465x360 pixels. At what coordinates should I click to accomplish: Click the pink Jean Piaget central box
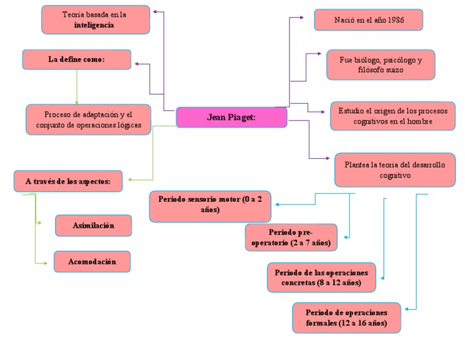click(x=231, y=117)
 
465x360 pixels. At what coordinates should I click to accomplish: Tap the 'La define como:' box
click(x=77, y=59)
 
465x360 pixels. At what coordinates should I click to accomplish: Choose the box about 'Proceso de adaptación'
click(x=88, y=119)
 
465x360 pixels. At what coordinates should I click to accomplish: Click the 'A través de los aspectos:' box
click(x=68, y=181)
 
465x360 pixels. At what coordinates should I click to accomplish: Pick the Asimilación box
click(x=93, y=225)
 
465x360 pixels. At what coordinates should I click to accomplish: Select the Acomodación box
click(x=92, y=261)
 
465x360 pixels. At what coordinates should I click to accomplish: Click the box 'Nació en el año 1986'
click(x=368, y=20)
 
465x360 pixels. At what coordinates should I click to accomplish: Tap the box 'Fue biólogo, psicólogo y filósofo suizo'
click(x=380, y=65)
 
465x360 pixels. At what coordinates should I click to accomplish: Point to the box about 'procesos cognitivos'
click(x=392, y=116)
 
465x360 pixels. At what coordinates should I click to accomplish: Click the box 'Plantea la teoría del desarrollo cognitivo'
click(x=395, y=170)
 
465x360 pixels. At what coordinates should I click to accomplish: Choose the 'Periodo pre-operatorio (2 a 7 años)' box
click(x=291, y=238)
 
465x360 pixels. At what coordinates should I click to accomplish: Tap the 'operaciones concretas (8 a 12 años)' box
click(x=321, y=278)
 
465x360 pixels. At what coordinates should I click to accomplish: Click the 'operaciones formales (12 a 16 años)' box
click(x=346, y=318)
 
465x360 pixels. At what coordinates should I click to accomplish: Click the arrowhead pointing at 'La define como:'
click(x=136, y=63)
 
